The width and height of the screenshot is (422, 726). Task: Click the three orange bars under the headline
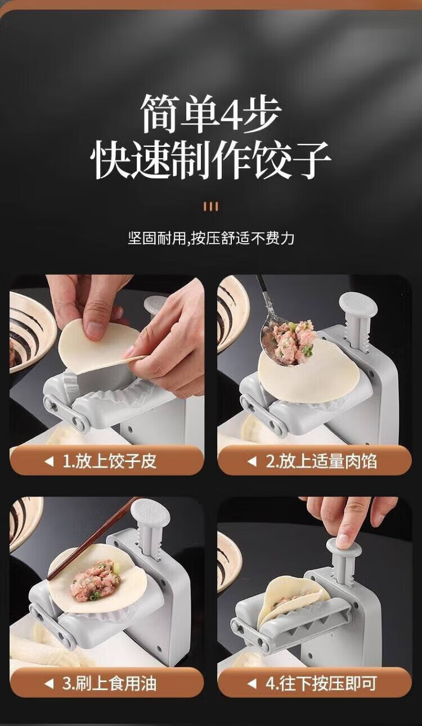pos(210,207)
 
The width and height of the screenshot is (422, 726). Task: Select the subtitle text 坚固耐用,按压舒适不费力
pos(211,239)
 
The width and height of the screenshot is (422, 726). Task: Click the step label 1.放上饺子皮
pos(109,461)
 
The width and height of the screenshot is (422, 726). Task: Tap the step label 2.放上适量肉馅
pos(321,461)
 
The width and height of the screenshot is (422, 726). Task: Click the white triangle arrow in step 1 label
pos(49,461)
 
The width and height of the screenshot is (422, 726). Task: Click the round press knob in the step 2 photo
pos(358,304)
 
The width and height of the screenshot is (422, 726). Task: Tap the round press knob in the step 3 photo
pos(150,515)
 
